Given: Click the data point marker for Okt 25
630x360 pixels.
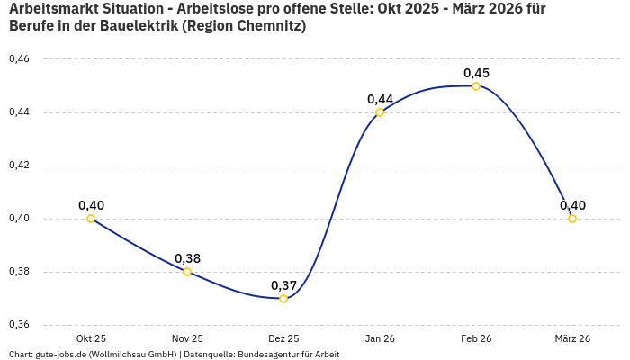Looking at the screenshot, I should [91, 219].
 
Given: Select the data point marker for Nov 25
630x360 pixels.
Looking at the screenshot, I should [187, 272].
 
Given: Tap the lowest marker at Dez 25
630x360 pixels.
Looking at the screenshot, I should [283, 299].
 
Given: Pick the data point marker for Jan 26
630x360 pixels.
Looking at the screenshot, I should [380, 112].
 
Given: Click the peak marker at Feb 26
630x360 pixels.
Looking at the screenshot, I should [476, 86].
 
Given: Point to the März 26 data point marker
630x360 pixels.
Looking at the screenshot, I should [572, 219].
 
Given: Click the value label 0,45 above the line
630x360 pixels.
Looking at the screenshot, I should [476, 73].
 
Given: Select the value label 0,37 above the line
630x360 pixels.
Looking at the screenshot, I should [283, 285].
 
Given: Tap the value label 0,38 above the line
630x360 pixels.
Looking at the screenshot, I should [187, 258].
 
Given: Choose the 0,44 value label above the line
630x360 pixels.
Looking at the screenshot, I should [380, 99].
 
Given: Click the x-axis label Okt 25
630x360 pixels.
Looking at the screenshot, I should [91, 338].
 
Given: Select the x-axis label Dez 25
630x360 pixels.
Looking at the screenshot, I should [283, 338].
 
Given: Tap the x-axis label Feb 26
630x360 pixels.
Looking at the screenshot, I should [476, 338].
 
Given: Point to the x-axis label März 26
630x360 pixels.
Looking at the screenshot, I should [572, 338].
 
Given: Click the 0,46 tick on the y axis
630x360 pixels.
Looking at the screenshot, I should [19, 59].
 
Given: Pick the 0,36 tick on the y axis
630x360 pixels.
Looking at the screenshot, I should [19, 325].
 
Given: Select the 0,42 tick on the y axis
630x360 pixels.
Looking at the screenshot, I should [19, 166].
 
